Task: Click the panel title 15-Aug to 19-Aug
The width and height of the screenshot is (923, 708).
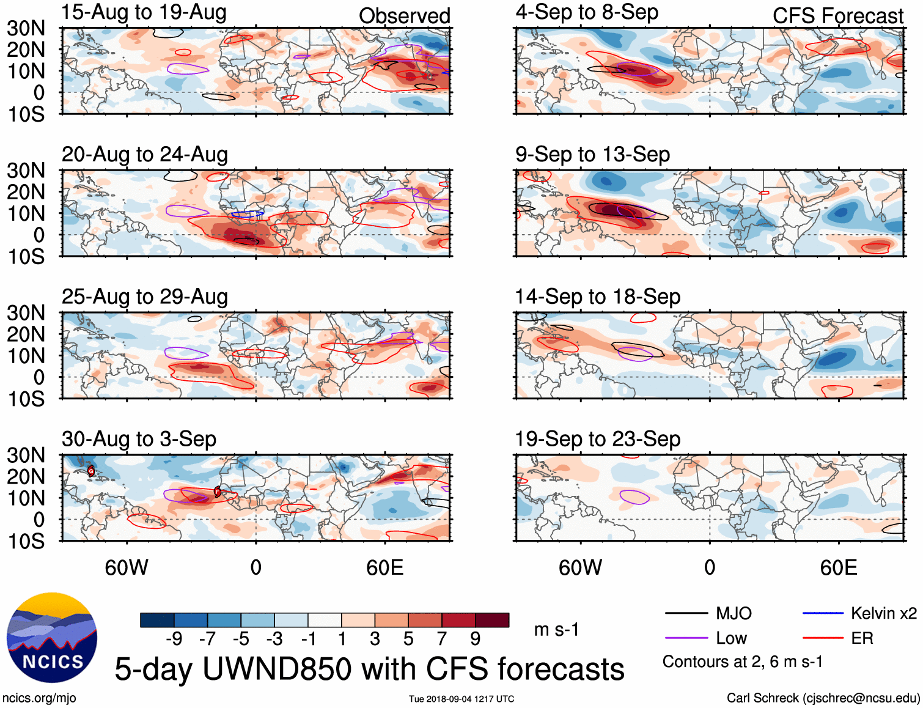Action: click(x=144, y=12)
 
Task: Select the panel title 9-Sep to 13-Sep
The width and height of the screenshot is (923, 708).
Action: click(x=592, y=154)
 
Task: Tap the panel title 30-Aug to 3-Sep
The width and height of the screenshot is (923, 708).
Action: click(x=139, y=439)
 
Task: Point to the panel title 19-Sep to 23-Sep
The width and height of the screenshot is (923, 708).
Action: click(x=597, y=439)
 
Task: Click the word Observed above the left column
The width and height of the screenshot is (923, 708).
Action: click(x=404, y=16)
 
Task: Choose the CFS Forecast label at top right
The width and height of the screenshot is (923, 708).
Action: click(x=837, y=16)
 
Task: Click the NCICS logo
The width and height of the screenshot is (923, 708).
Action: click(x=52, y=638)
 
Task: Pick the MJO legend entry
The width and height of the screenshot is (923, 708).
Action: click(x=734, y=613)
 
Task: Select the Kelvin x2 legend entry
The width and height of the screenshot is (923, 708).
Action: click(x=883, y=613)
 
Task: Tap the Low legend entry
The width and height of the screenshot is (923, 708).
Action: click(x=731, y=638)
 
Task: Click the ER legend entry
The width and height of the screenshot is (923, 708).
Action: click(x=862, y=638)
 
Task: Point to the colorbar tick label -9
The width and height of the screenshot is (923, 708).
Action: click(x=174, y=639)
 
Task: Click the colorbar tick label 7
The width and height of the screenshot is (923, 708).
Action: click(x=442, y=639)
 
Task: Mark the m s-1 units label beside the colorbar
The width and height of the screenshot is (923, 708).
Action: click(x=556, y=630)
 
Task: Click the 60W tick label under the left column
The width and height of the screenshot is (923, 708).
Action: click(x=127, y=567)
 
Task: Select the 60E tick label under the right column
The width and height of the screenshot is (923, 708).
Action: click(x=838, y=567)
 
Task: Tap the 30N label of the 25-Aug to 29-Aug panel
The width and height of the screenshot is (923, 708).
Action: click(x=26, y=313)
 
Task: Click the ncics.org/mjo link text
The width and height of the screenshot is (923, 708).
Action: click(x=39, y=698)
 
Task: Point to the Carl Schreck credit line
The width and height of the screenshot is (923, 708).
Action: click(x=823, y=698)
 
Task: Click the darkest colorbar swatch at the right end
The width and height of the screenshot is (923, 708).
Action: click(x=492, y=620)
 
